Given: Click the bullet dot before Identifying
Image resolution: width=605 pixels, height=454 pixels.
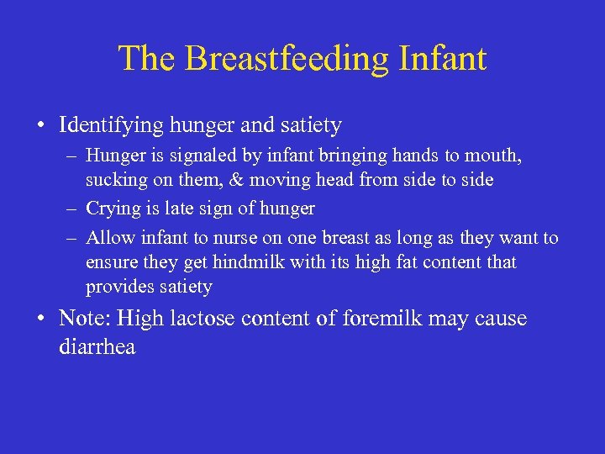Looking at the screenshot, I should pyautogui.click(x=40, y=126).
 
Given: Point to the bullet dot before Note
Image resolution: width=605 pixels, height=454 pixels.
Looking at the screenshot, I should pyautogui.click(x=40, y=319).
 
